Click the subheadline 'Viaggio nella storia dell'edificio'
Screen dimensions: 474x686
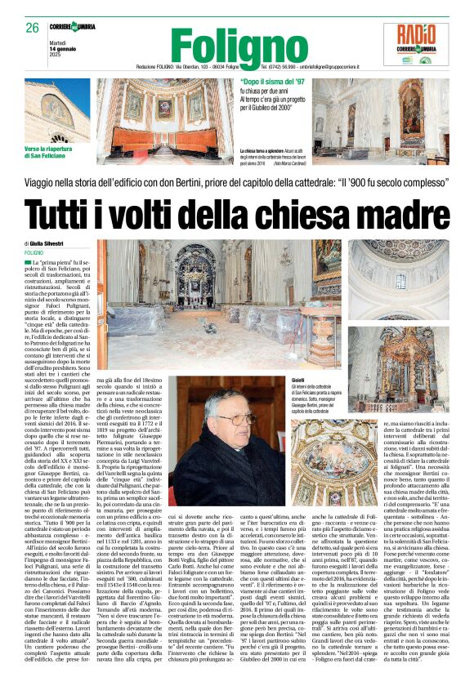coord(237,184)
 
